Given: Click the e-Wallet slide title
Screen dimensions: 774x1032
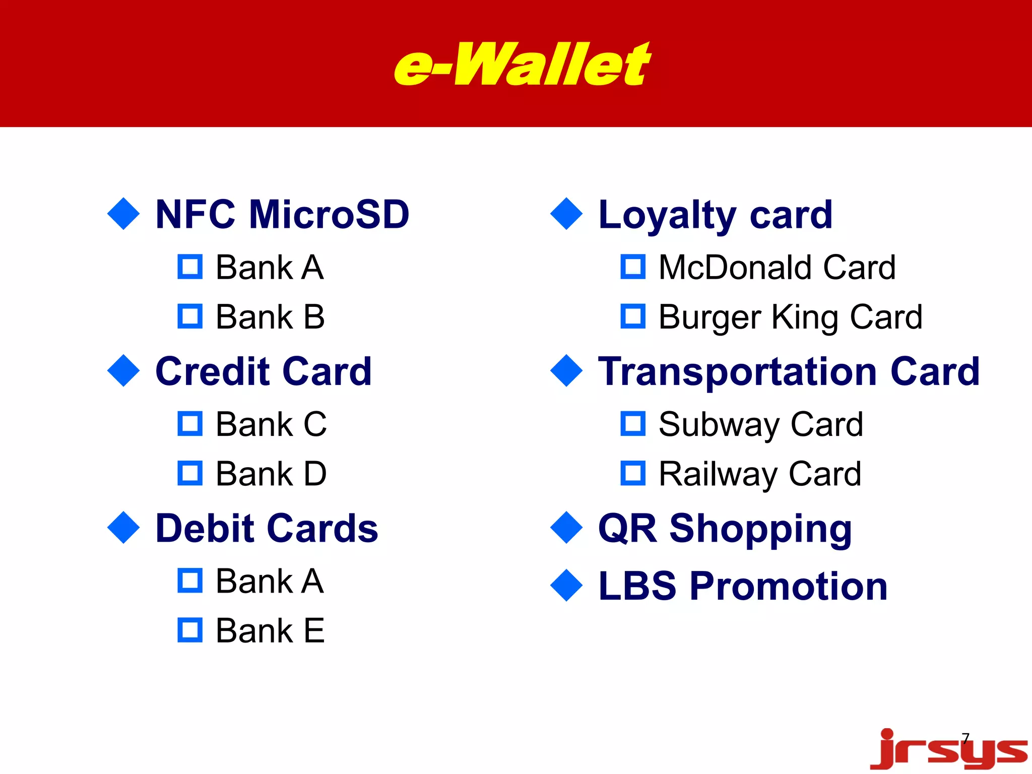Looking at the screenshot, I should [522, 64].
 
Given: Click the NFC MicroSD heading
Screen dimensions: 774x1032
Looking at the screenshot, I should [282, 215].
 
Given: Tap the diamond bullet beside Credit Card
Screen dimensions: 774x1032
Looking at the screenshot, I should [123, 371].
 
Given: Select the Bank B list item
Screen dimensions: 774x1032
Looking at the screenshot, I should [270, 317].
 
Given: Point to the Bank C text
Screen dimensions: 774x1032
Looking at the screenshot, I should [271, 424].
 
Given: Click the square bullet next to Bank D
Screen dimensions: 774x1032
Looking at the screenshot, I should [190, 473].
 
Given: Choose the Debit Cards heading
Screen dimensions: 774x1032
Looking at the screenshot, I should [267, 528].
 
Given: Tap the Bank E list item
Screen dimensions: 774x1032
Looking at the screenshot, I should [270, 630].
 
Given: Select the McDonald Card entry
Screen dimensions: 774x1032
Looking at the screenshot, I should [777, 267].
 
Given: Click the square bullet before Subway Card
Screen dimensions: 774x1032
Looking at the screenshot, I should [633, 424].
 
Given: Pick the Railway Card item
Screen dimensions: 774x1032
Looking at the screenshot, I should [760, 474].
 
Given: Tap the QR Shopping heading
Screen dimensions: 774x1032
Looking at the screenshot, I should [725, 529].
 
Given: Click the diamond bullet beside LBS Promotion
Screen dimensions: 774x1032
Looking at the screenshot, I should [566, 586].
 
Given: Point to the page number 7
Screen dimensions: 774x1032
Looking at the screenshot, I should [965, 739].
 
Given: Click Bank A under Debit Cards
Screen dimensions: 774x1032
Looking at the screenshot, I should [270, 581].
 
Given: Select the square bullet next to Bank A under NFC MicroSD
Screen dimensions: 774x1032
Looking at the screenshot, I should [190, 267].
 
